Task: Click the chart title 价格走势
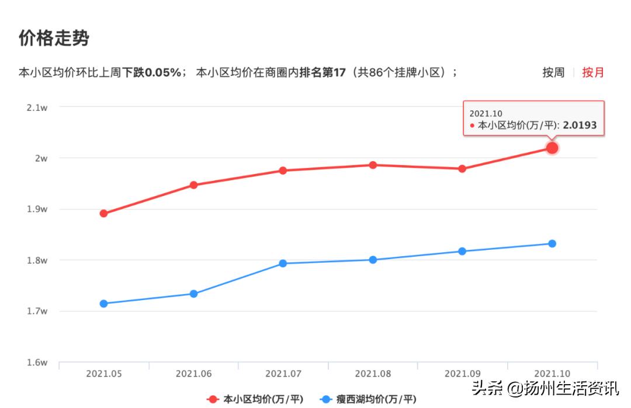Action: [x=54, y=39]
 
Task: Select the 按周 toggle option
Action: [x=553, y=72]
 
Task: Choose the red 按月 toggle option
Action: [x=592, y=72]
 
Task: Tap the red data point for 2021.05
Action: [x=103, y=214]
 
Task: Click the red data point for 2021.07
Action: [x=283, y=170]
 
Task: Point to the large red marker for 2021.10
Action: [x=552, y=148]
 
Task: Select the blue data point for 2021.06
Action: [x=193, y=294]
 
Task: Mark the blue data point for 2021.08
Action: [x=373, y=260]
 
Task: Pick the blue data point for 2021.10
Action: [x=552, y=243]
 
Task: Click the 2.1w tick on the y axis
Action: [x=37, y=107]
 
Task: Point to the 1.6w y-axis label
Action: [x=37, y=362]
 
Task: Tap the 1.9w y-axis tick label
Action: [x=37, y=209]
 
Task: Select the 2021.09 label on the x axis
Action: [x=462, y=374]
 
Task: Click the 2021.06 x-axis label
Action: [x=193, y=374]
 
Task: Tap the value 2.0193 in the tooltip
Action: [x=580, y=125]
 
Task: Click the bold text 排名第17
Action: [x=323, y=72]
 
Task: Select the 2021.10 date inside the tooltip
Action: [x=486, y=113]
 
